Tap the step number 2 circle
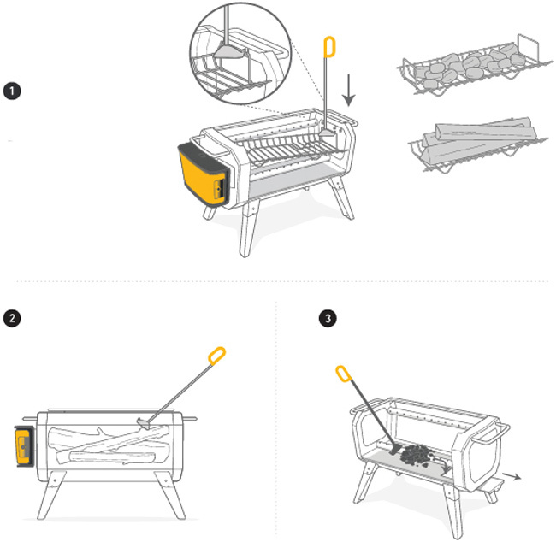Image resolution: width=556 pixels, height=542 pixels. (13, 318)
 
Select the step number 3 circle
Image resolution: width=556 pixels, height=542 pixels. (328, 318)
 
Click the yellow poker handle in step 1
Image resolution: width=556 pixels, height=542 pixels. (329, 49)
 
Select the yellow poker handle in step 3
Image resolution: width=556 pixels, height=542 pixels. (343, 374)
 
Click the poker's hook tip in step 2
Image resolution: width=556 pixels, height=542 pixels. (146, 421)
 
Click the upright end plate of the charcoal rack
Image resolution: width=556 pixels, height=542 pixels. (528, 51)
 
